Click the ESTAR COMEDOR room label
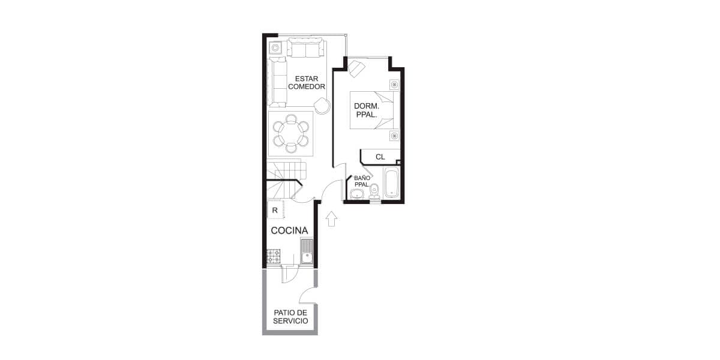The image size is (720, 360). click(307, 83)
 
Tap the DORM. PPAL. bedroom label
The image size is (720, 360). click(367, 110)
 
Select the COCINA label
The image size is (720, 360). click(289, 230)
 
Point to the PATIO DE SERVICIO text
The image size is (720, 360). click(290, 317)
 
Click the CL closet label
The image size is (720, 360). click(380, 157)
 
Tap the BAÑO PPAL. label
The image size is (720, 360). click(362, 181)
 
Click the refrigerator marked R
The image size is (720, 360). click(276, 209)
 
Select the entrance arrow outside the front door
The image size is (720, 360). click(331, 218)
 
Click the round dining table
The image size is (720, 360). click(291, 133)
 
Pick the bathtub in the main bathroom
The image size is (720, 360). click(391, 183)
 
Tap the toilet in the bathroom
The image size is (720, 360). click(374, 191)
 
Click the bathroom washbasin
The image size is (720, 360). click(356, 194)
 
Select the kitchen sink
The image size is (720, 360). click(307, 251)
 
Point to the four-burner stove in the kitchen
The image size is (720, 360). click(274, 257)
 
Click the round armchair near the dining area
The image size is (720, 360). click(322, 106)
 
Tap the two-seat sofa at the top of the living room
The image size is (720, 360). click(305, 47)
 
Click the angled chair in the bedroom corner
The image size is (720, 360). click(356, 68)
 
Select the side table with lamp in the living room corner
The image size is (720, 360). click(275, 48)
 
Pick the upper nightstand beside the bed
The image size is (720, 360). click(394, 85)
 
